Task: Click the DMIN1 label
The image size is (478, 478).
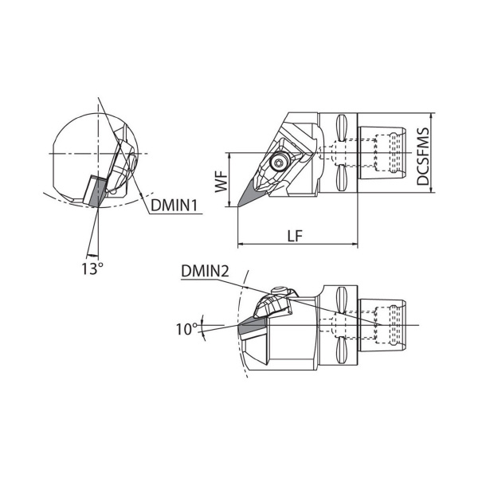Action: click(174, 206)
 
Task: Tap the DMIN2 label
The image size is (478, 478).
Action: click(205, 271)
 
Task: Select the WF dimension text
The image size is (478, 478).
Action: click(221, 182)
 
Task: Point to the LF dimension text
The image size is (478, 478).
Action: click(295, 236)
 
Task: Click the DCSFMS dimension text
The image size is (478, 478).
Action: click(423, 156)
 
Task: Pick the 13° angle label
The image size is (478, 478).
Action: click(92, 269)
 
